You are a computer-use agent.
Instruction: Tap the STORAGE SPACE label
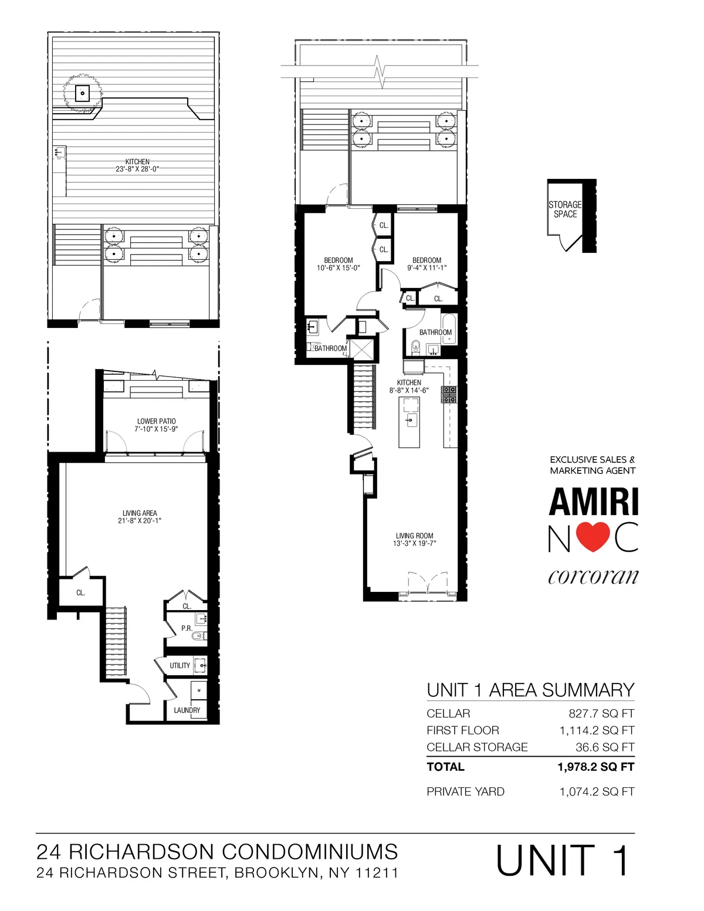click(x=565, y=209)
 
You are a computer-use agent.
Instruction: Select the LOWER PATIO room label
click(x=156, y=425)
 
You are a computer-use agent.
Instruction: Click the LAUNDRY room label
click(x=187, y=710)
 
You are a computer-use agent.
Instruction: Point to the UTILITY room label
click(x=180, y=666)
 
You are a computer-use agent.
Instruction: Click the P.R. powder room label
click(x=187, y=628)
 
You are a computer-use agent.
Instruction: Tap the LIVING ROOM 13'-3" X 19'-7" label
click(x=414, y=539)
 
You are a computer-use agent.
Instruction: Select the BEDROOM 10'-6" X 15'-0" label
click(x=339, y=264)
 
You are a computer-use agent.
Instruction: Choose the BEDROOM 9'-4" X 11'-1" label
click(x=427, y=264)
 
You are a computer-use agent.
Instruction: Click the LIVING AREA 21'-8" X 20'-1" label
click(x=140, y=517)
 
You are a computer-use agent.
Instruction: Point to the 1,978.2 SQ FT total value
click(x=595, y=767)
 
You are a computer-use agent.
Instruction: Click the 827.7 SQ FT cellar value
click(x=601, y=714)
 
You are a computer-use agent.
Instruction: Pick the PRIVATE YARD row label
click(x=465, y=792)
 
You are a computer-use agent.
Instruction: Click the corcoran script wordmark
click(x=593, y=577)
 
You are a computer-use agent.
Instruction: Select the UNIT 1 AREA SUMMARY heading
click(x=530, y=690)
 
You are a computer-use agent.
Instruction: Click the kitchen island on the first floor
click(x=409, y=422)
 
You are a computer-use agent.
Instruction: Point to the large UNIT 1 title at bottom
click(x=563, y=861)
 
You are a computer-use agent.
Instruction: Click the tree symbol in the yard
click(x=83, y=93)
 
